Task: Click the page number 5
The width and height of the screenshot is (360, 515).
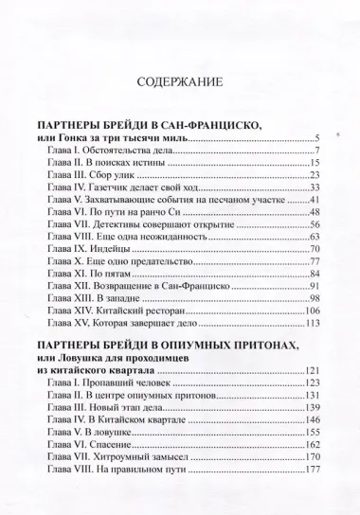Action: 322,139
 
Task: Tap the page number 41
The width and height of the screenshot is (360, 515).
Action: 319,201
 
